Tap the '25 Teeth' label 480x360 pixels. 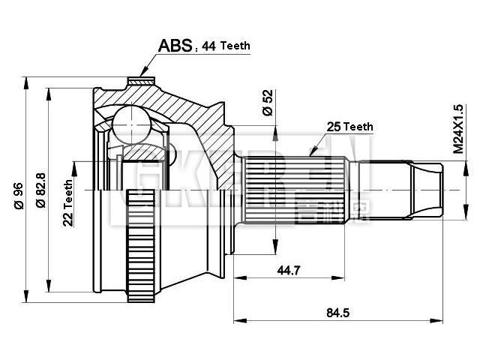pos(349,127)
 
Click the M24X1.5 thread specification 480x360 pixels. pos(457,129)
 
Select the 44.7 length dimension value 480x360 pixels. pos(286,270)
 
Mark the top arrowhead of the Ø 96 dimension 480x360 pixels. pos(27,79)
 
